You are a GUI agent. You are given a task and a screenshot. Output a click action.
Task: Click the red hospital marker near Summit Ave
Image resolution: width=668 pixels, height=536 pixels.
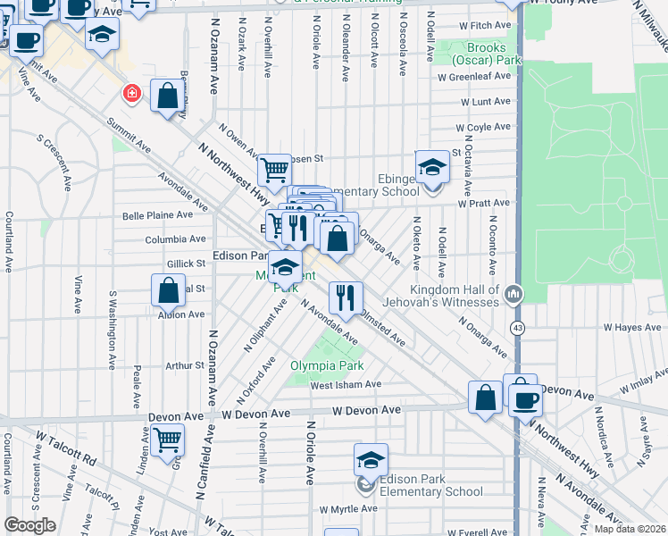tap(131, 94)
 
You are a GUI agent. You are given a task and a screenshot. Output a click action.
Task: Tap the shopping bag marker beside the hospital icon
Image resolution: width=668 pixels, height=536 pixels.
tap(167, 96)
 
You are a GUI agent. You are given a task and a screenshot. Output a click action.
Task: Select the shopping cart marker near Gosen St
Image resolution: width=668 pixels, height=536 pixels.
tap(274, 169)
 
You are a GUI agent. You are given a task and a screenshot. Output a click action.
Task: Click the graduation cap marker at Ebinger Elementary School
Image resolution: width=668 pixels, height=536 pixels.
tap(432, 167)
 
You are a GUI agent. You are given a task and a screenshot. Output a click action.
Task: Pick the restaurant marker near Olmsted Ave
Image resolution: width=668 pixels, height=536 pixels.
tap(345, 297)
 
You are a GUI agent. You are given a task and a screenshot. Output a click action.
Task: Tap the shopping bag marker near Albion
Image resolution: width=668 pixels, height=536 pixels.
tap(168, 290)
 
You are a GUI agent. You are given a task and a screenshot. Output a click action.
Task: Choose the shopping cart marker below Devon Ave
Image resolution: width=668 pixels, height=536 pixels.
tap(167, 440)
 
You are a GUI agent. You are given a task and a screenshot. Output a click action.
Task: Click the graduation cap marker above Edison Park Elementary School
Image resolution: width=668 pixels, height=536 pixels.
tap(371, 460)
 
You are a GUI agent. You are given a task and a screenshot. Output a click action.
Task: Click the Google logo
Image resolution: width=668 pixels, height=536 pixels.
tap(29, 524)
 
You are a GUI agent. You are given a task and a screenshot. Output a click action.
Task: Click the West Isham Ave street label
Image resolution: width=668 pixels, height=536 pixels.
tap(346, 385)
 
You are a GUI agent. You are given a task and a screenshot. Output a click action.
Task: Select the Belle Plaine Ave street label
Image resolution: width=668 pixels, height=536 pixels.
tap(157, 215)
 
